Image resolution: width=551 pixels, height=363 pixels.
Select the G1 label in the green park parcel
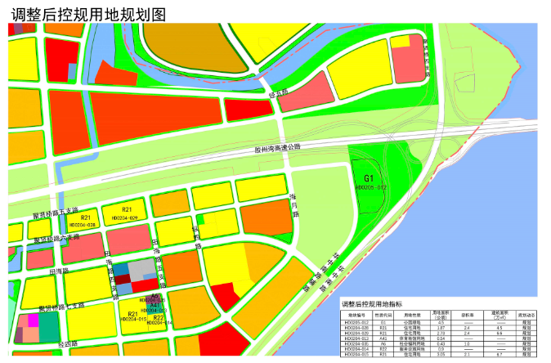[x=369, y=177]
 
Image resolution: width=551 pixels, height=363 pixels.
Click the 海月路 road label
[x=293, y=204]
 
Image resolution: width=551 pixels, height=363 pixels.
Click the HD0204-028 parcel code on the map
[x=83, y=224]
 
